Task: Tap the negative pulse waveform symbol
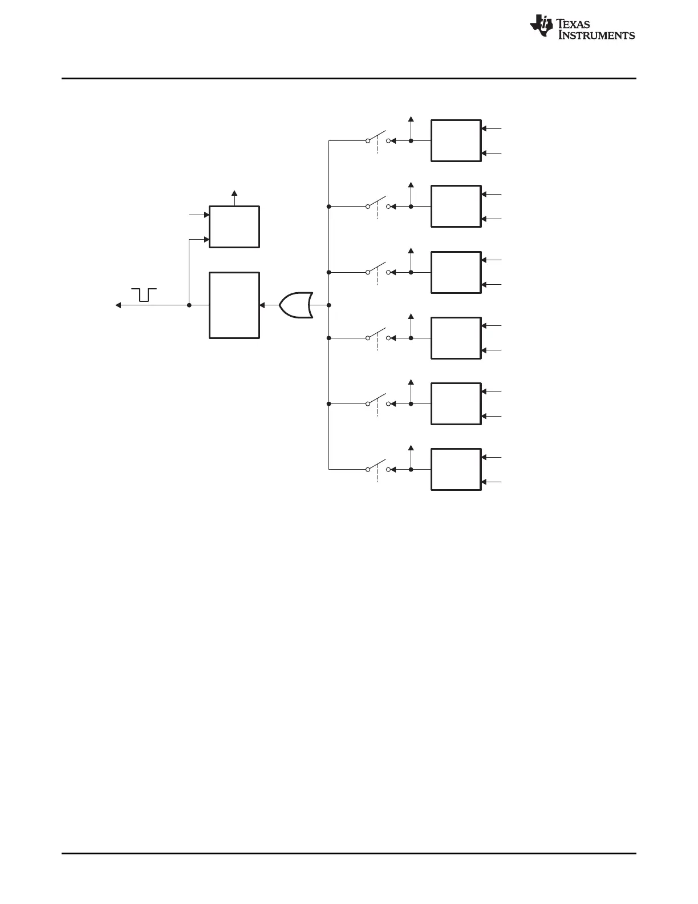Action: click(144, 294)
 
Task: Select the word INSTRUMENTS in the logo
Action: click(596, 35)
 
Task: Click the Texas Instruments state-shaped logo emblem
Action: click(541, 27)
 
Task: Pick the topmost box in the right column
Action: click(456, 141)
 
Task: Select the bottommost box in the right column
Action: click(456, 470)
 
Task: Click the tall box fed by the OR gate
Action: click(234, 305)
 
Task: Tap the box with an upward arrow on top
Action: click(234, 227)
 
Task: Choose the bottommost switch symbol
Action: click(377, 469)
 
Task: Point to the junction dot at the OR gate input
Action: click(329, 305)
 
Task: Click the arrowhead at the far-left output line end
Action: click(118, 305)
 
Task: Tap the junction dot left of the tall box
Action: click(189, 305)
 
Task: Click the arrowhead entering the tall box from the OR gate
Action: click(262, 305)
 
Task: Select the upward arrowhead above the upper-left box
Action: click(234, 192)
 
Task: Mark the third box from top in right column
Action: click(456, 272)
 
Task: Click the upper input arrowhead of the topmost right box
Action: click(484, 129)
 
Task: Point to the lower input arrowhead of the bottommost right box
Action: click(484, 482)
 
